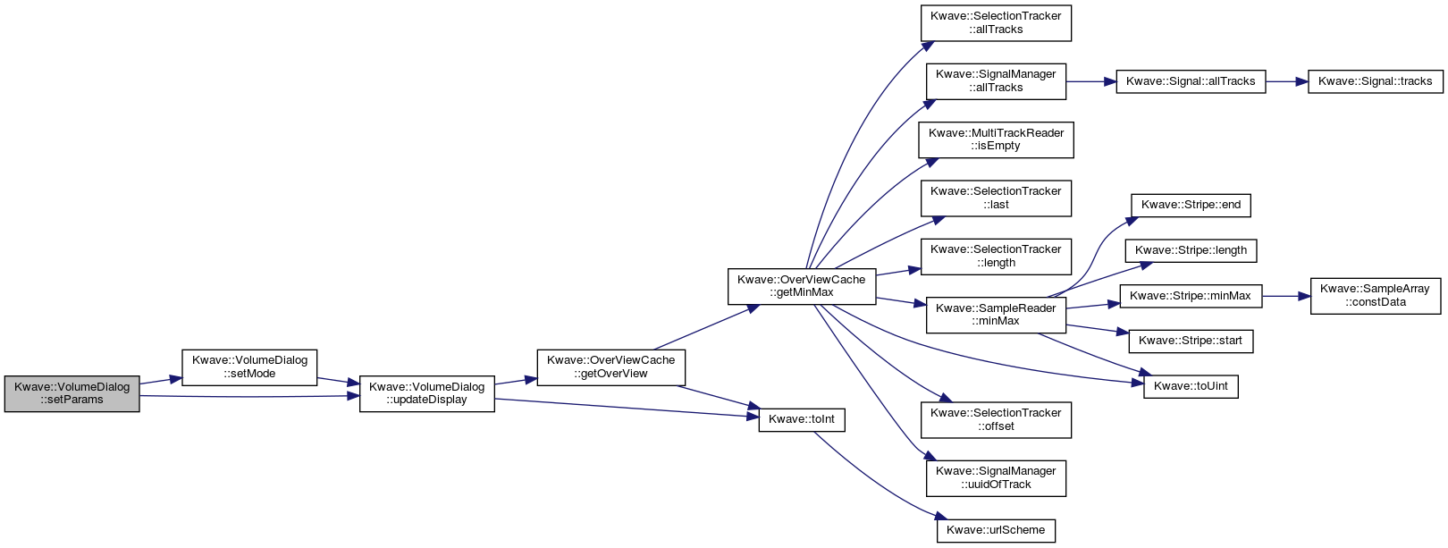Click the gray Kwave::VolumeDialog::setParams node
pos(72,393)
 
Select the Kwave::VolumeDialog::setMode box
pos(249,367)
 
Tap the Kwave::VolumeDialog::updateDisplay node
pos(426,393)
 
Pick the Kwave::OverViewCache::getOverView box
pos(610,367)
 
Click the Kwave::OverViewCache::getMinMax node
pos(802,286)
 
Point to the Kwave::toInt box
pos(802,419)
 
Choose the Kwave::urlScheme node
pos(996,530)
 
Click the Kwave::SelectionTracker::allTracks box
pos(996,23)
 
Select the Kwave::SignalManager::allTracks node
pos(996,81)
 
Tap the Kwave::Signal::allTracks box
pos(1191,81)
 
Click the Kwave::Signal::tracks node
pos(1376,81)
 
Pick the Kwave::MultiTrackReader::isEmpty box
pos(996,139)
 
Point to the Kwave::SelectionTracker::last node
pos(996,198)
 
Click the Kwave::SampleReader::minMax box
pos(996,315)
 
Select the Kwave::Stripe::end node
pos(1191,205)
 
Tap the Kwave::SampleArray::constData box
pos(1376,296)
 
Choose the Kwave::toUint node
pos(1191,386)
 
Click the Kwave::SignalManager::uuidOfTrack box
pos(996,478)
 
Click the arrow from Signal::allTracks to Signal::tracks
pos(1287,81)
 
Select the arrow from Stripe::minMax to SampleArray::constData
pos(1286,296)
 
